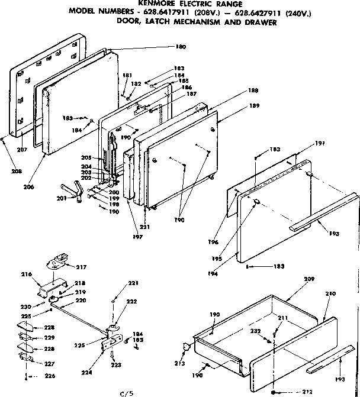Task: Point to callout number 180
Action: (x=181, y=47)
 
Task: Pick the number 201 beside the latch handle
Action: (x=62, y=198)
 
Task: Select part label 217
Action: (x=81, y=267)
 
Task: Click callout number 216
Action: (x=26, y=275)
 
